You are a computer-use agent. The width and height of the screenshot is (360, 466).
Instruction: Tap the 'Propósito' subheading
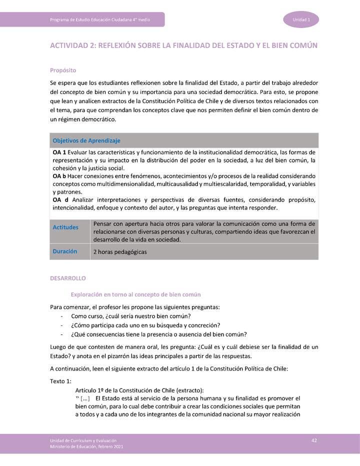tap(62, 70)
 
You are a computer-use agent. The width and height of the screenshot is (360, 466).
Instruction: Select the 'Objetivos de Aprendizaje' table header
tap(86, 140)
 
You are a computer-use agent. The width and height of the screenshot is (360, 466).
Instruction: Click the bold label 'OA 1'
tap(59, 152)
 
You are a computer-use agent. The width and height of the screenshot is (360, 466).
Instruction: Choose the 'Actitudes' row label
tap(65, 227)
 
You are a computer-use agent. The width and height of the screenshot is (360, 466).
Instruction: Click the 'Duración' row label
tap(65, 251)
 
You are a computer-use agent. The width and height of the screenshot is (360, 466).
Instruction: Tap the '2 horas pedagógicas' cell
tap(120, 252)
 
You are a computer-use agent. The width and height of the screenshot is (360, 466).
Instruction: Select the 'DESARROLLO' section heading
tap(68, 278)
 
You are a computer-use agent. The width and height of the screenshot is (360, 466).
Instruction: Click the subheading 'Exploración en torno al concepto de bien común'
tap(135, 294)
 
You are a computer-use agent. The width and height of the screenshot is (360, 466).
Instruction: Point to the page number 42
tap(314, 440)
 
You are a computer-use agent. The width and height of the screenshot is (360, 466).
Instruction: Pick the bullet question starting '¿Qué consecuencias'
tap(158, 334)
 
